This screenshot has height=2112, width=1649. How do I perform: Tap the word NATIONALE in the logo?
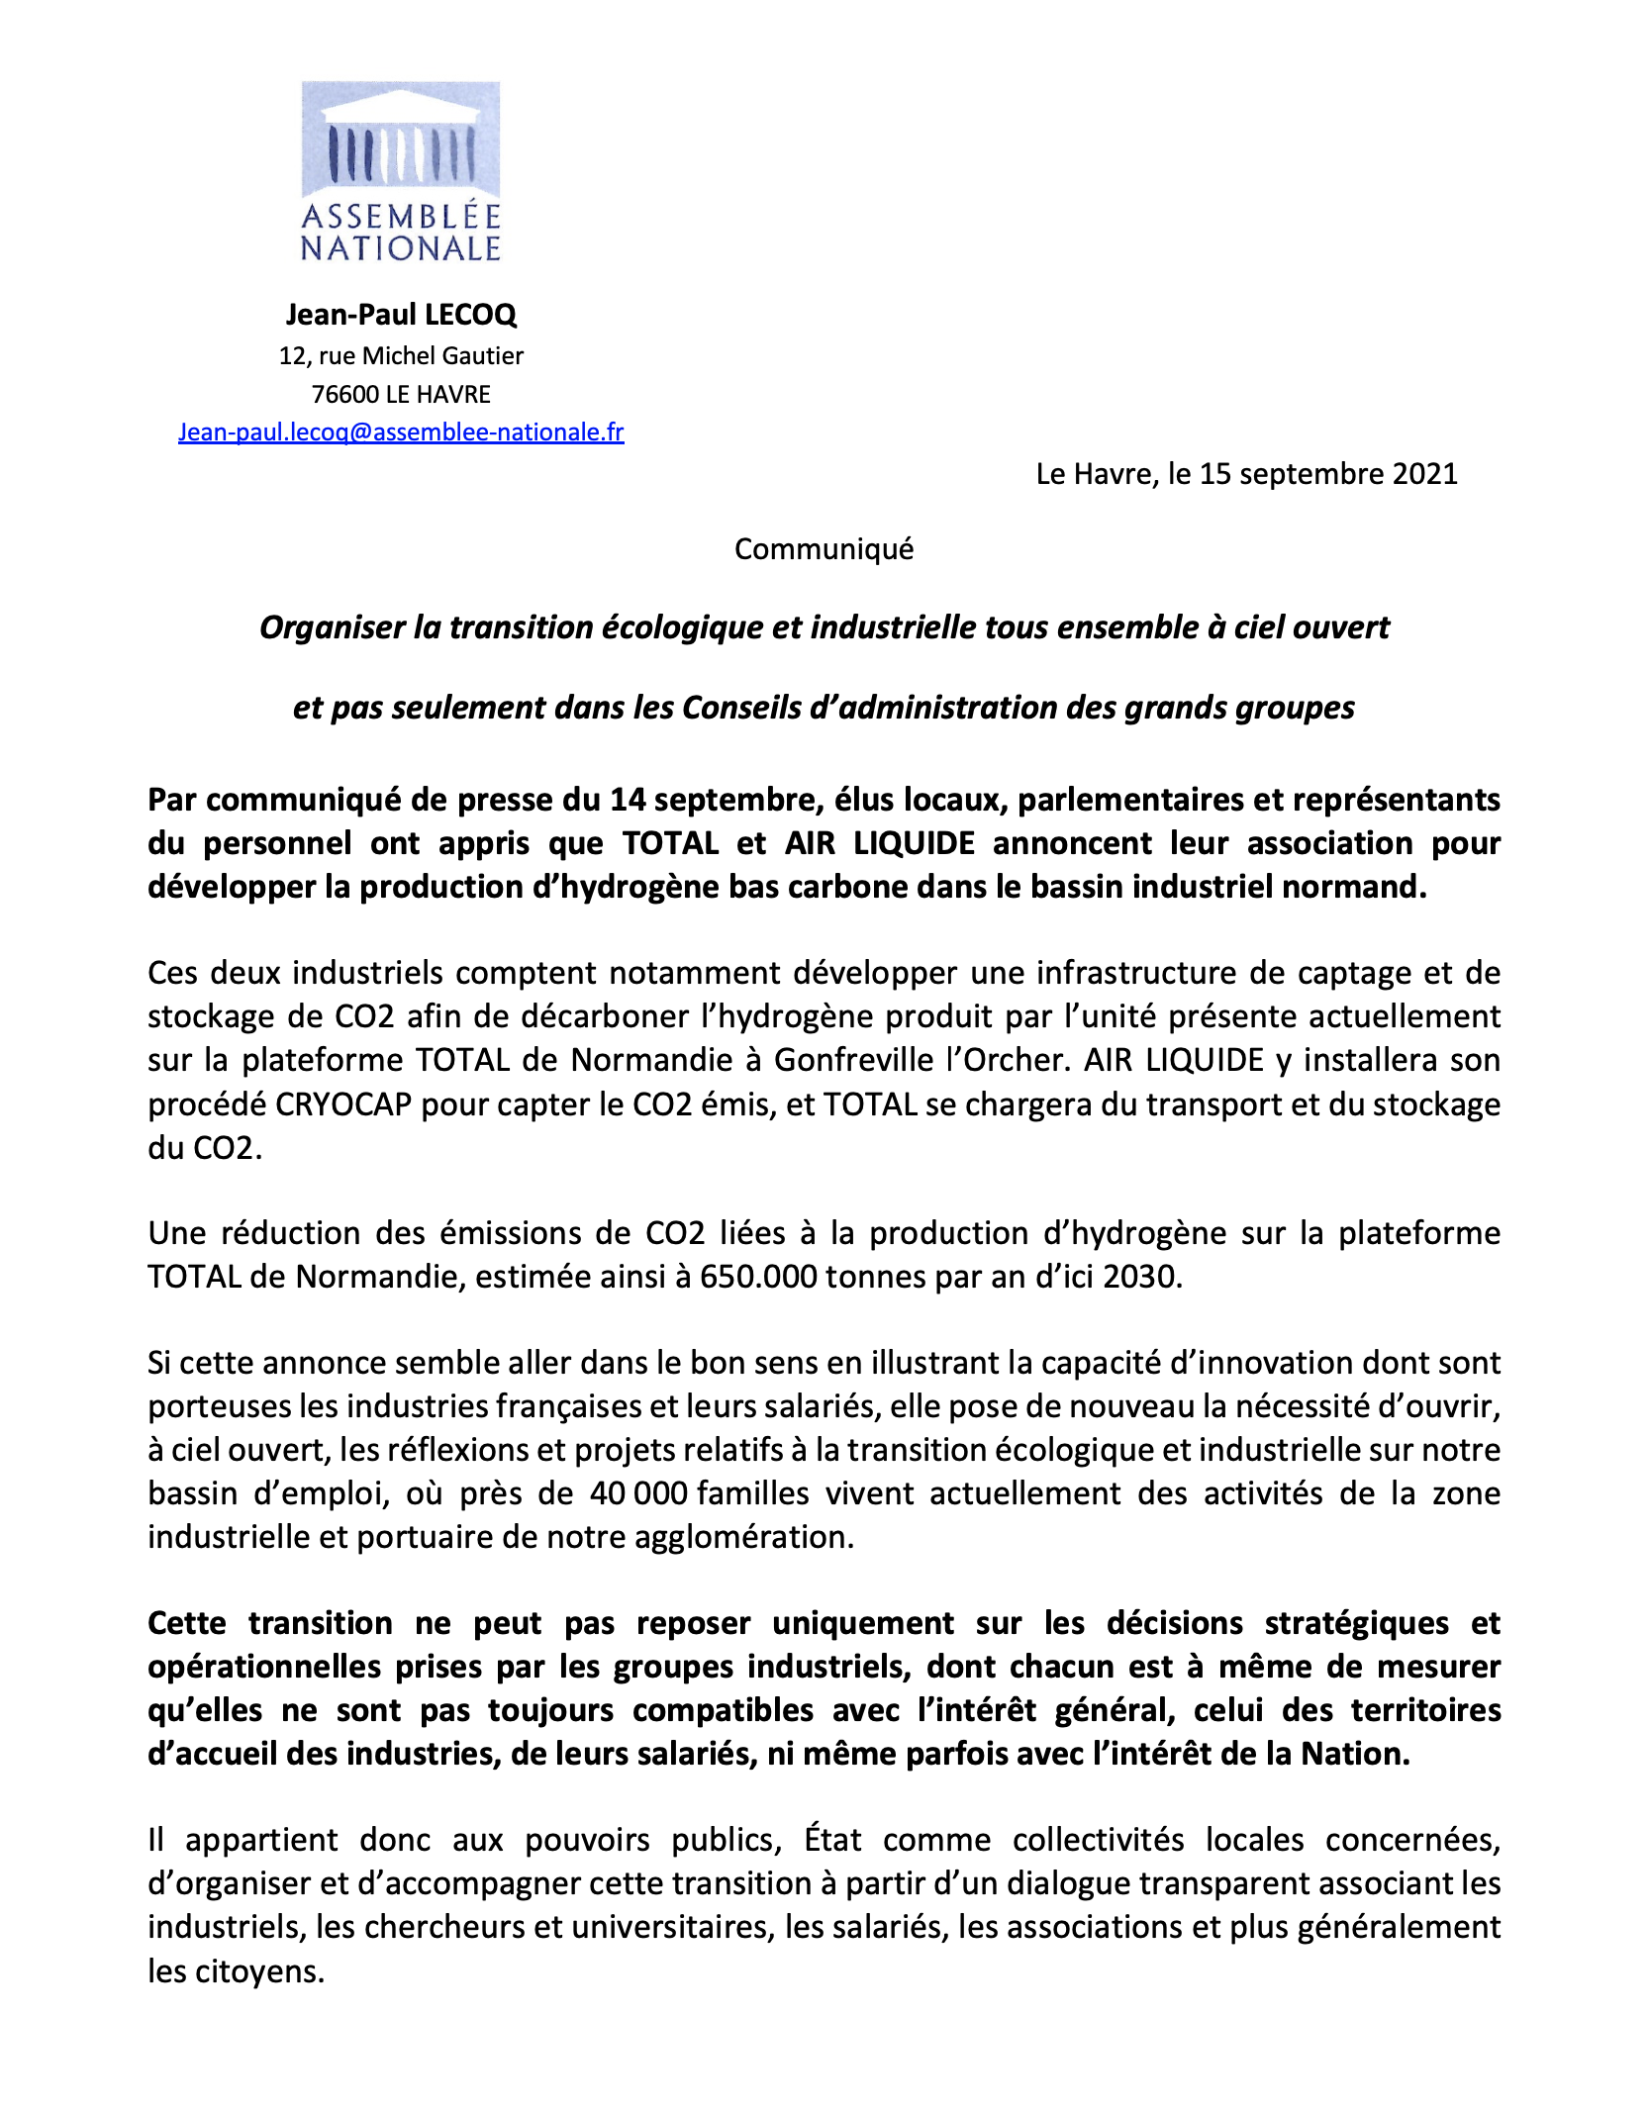[x=401, y=248]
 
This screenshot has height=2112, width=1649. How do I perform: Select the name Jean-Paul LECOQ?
[x=401, y=315]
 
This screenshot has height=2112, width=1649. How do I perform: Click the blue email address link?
[x=401, y=432]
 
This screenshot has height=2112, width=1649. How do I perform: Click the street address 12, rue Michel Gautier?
[x=401, y=355]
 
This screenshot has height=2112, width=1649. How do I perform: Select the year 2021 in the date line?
[x=1424, y=474]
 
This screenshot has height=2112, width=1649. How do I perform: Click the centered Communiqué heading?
[x=824, y=549]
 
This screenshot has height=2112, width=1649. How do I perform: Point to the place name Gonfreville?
[x=849, y=1061]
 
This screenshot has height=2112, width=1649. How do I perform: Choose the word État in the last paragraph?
[x=832, y=1840]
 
